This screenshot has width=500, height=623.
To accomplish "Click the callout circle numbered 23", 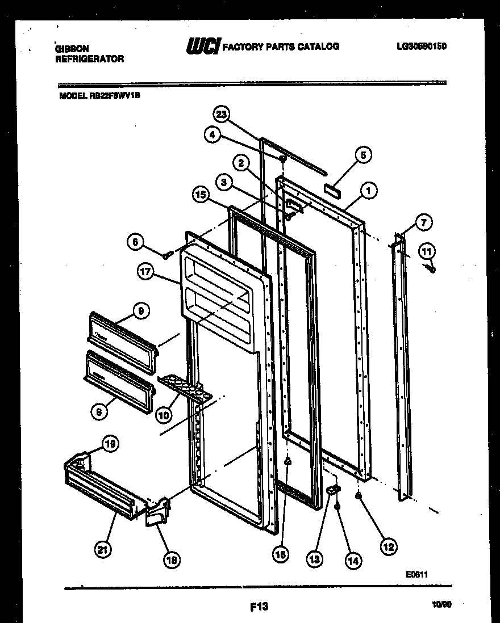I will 222,115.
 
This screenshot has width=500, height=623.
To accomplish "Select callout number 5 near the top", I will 363,154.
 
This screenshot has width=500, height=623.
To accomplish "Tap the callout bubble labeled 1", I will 368,192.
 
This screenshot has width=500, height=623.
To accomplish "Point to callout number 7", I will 424,222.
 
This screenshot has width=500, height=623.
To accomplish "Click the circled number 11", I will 427,250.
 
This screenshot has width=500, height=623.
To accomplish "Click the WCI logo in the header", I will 202,47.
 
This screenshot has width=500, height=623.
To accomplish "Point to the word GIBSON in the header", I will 72,49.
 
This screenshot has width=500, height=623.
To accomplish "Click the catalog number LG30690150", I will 421,47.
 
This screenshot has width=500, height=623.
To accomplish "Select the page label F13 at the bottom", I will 259,607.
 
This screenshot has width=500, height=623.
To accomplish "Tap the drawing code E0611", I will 416,574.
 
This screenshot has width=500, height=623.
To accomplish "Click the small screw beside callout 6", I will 167,256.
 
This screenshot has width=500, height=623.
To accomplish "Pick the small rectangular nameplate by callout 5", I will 332,189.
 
